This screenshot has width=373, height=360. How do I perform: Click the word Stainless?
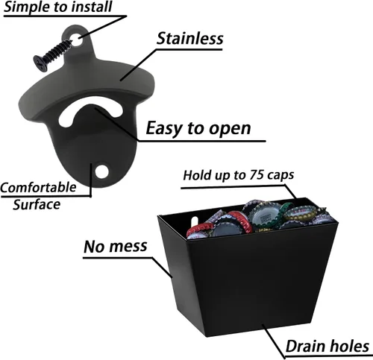(x=189, y=39)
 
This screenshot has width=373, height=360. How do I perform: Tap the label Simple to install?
(x=58, y=7)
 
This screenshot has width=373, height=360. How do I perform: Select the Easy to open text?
(x=198, y=128)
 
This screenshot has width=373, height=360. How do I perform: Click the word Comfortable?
(x=38, y=188)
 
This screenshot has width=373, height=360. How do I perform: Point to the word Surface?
(x=37, y=205)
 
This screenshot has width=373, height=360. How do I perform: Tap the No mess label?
(x=116, y=246)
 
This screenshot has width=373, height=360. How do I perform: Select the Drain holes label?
(x=327, y=346)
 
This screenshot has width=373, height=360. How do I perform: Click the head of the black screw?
(x=40, y=63)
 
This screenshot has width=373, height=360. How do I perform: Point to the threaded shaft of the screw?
(x=58, y=51)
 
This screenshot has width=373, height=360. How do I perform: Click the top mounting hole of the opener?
(x=77, y=40)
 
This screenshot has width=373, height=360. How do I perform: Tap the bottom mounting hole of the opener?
(x=102, y=171)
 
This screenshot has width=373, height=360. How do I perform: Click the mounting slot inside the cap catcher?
(x=194, y=221)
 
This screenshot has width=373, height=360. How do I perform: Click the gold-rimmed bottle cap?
(x=301, y=212)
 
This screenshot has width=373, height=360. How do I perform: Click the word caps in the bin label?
(x=280, y=175)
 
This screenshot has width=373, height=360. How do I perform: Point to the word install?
(x=92, y=7)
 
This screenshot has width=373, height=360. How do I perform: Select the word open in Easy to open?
(x=230, y=129)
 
